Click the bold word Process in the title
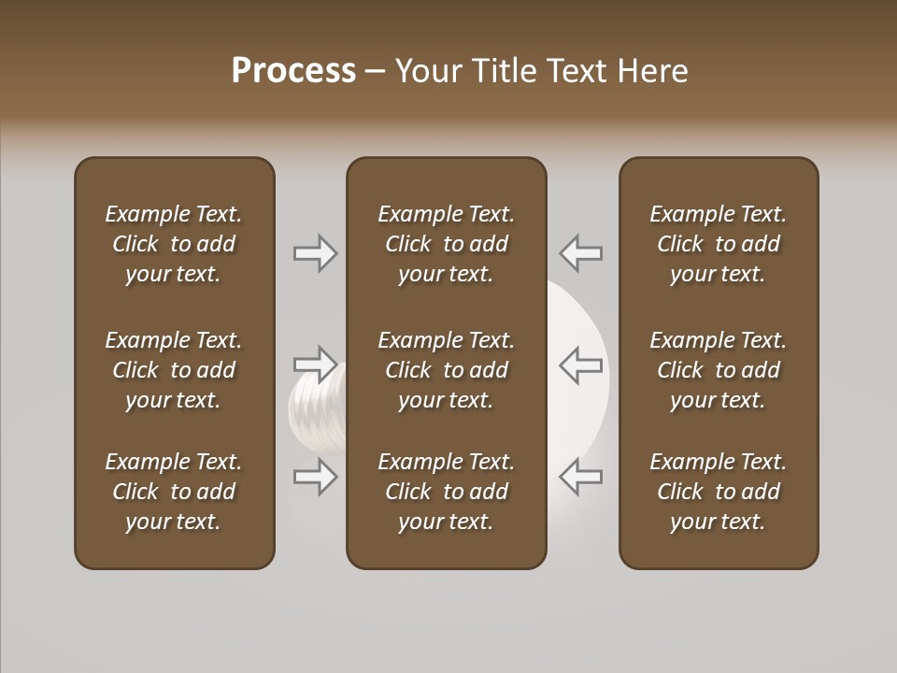pyautogui.click(x=293, y=71)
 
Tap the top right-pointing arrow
pyautogui.click(x=315, y=253)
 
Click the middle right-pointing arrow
pyautogui.click(x=315, y=365)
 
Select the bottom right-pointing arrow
pyautogui.click(x=315, y=477)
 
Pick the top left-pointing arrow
pyautogui.click(x=581, y=253)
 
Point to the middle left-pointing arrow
pyautogui.click(x=581, y=365)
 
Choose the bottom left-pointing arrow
pyautogui.click(x=581, y=477)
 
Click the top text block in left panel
pyautogui.click(x=174, y=244)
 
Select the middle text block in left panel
pyautogui.click(x=174, y=370)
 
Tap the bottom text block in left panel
pyautogui.click(x=174, y=492)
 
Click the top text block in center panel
pyautogui.click(x=446, y=244)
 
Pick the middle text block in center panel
pyautogui.click(x=446, y=370)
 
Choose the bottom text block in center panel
pyautogui.click(x=446, y=492)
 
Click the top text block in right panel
pyautogui.click(x=718, y=244)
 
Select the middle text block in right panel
pyautogui.click(x=718, y=370)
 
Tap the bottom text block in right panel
pyautogui.click(x=718, y=492)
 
